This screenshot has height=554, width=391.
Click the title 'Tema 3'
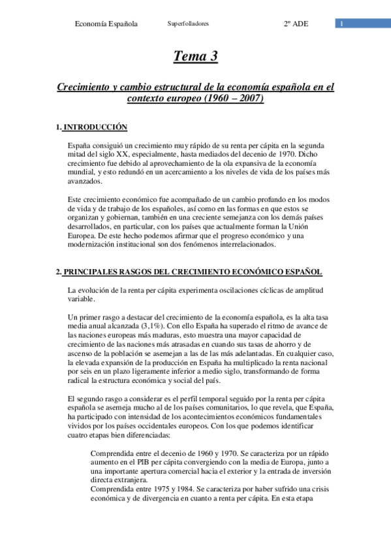195,57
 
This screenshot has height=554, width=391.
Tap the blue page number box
341,24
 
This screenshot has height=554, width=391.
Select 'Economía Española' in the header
106,24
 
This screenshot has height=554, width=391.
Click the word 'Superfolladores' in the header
188,24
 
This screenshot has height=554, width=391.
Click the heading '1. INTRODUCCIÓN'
91,127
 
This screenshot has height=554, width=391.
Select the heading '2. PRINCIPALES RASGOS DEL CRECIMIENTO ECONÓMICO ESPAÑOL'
189,271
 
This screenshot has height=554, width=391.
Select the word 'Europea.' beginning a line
83,236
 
